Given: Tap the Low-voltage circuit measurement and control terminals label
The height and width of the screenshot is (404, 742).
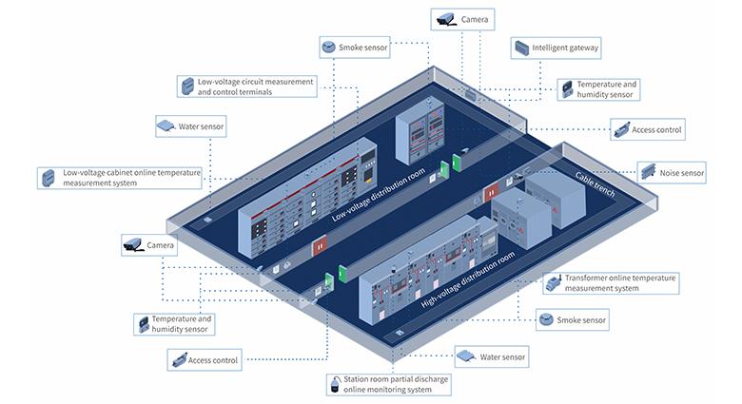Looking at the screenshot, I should coord(246,87).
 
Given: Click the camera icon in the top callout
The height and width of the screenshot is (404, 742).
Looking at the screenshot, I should coord(445,18).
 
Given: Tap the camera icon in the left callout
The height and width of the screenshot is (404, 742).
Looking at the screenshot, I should coord(133,245).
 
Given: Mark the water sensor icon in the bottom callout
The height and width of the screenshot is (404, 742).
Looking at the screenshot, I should coord(465,356).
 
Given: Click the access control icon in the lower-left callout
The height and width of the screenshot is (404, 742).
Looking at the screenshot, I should coord(178,360).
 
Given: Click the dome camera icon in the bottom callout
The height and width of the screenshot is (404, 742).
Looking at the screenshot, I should coord(335,385).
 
